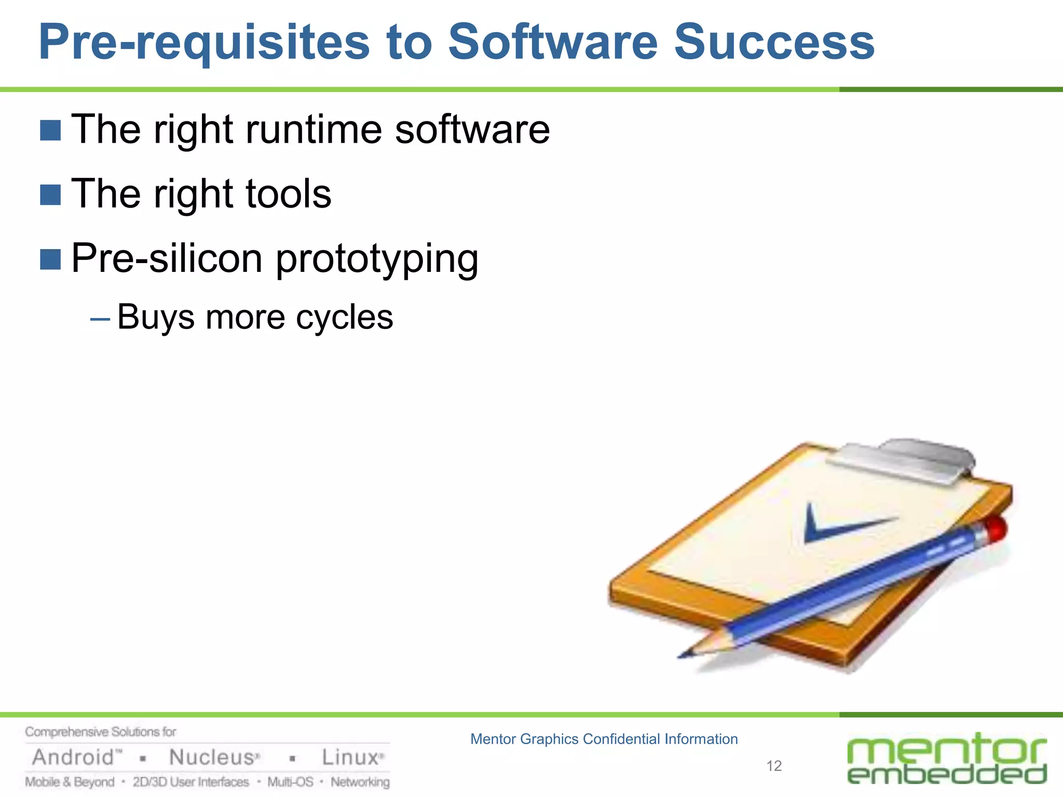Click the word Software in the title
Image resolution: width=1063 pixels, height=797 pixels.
click(552, 43)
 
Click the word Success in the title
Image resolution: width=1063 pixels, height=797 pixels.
click(774, 43)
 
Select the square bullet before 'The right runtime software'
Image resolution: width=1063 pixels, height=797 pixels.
click(50, 130)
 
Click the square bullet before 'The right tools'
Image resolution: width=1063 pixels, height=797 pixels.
click(50, 195)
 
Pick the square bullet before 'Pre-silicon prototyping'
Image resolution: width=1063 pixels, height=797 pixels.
click(50, 259)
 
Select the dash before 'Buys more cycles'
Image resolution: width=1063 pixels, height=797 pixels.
click(100, 319)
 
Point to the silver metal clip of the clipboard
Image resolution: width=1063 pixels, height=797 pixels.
click(903, 459)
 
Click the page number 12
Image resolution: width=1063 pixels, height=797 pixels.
click(773, 766)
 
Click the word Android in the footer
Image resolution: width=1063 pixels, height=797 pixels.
click(73, 758)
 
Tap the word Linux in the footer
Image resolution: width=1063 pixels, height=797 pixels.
click(350, 758)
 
